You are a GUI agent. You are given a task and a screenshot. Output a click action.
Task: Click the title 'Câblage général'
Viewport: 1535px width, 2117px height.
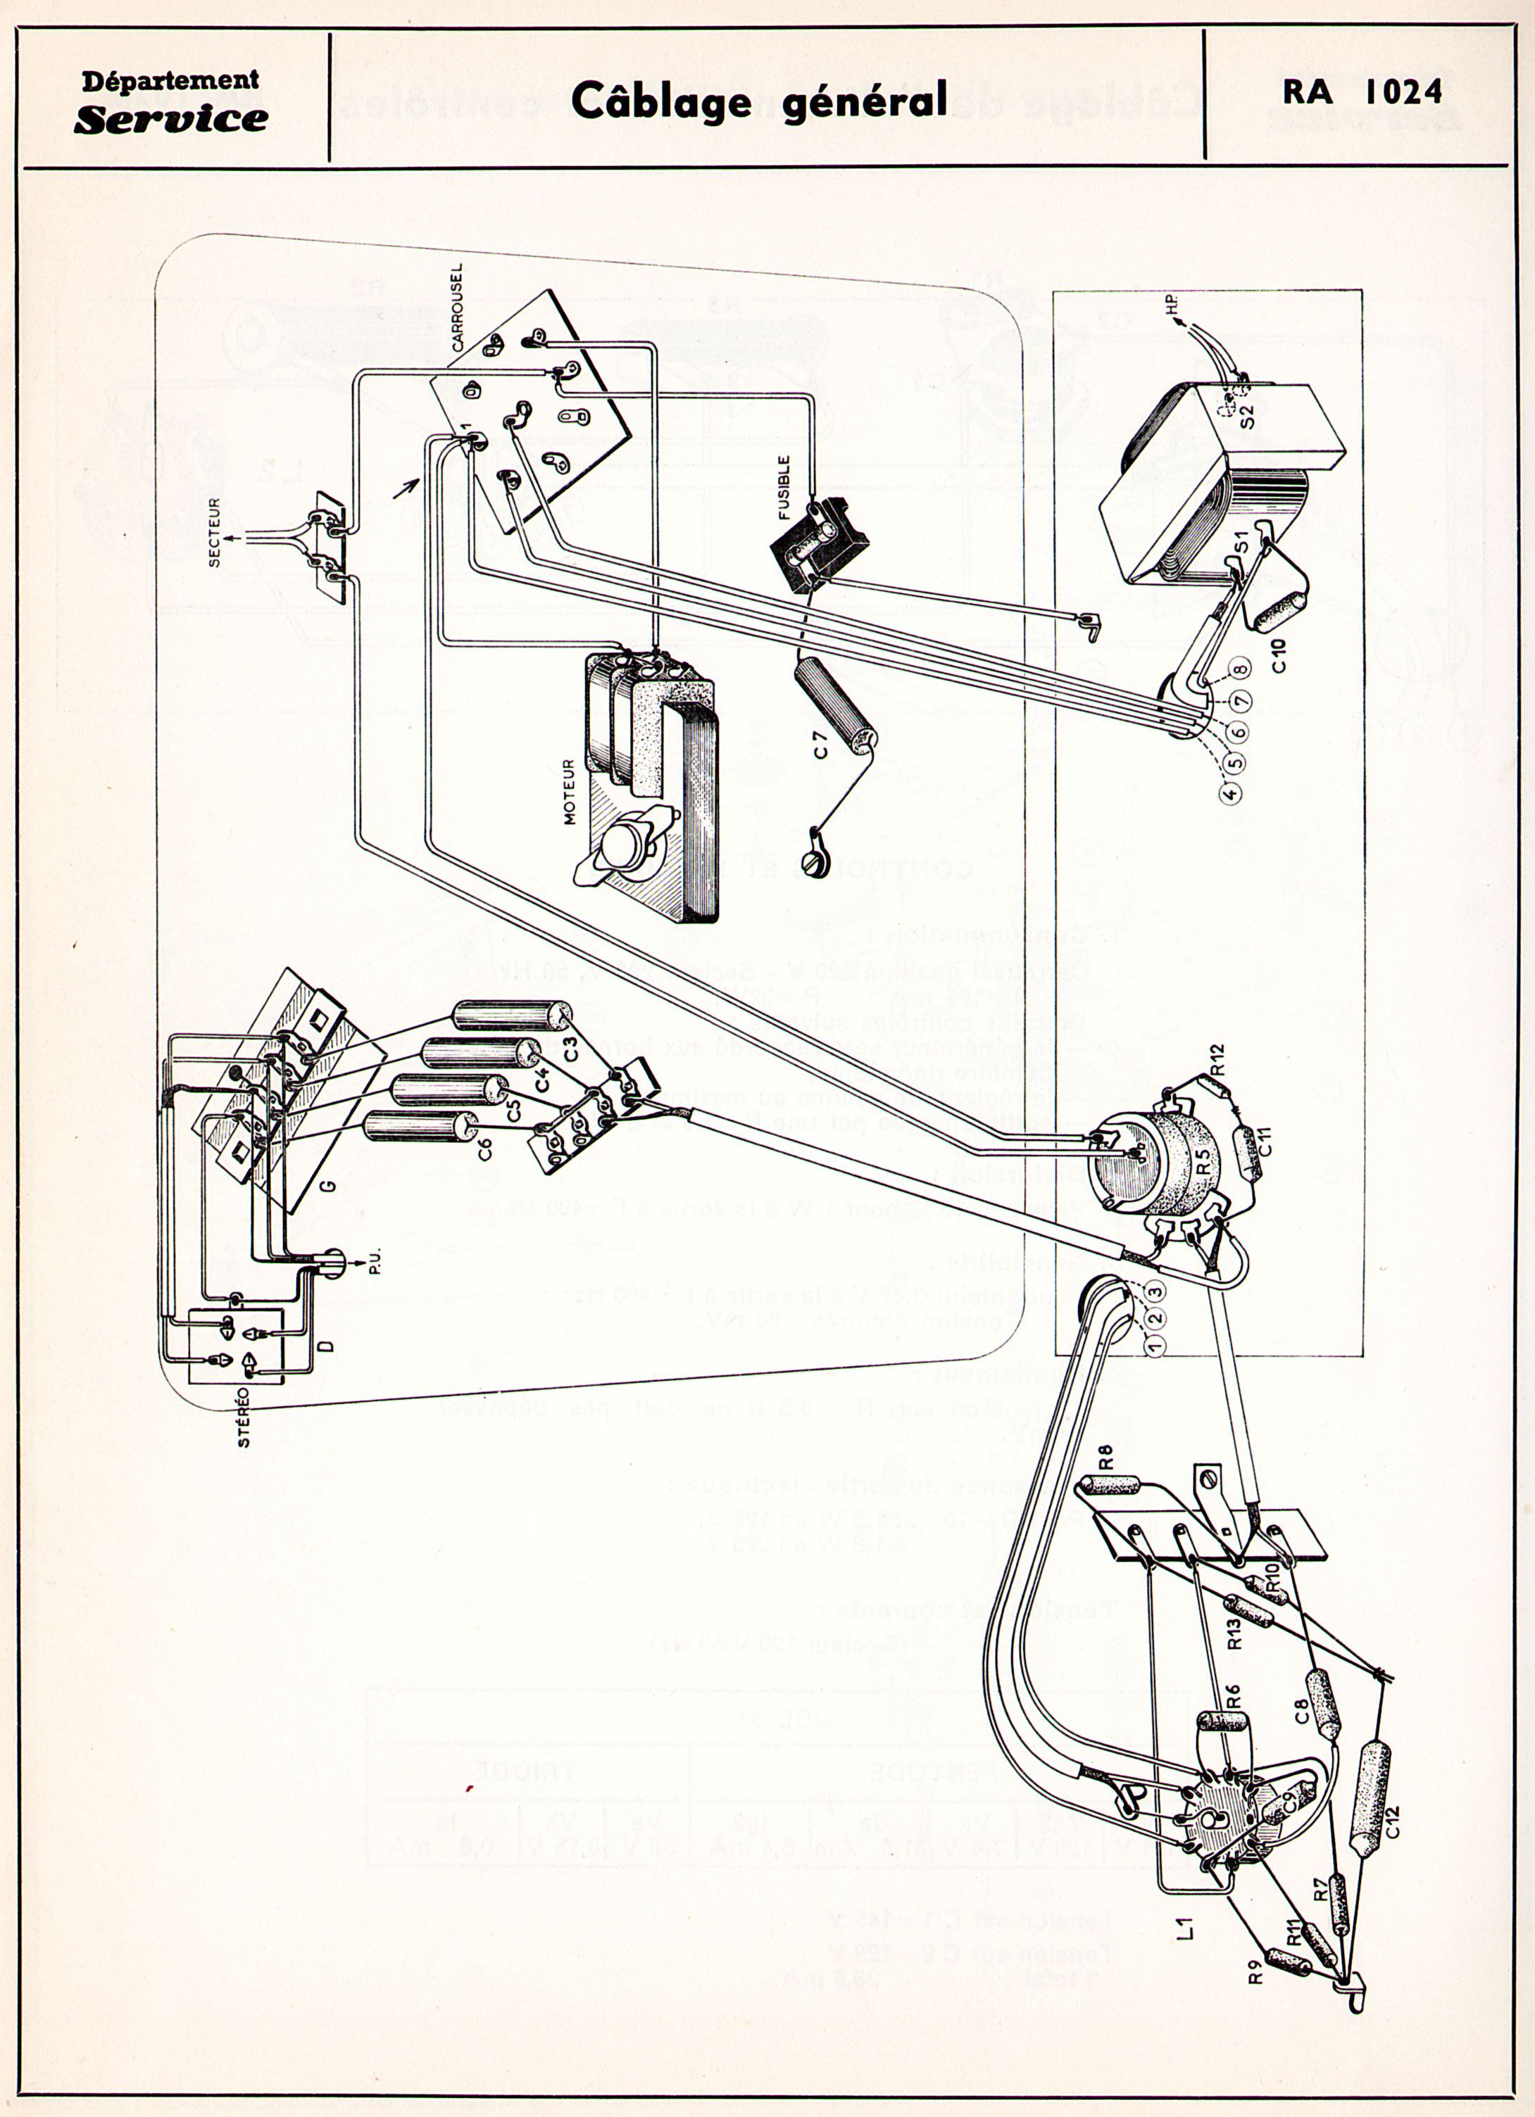pos(758,101)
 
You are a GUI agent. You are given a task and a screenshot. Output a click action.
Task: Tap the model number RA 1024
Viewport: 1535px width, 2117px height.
pos(1362,91)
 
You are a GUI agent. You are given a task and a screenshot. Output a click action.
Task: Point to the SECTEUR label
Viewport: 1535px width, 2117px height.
pos(215,533)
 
